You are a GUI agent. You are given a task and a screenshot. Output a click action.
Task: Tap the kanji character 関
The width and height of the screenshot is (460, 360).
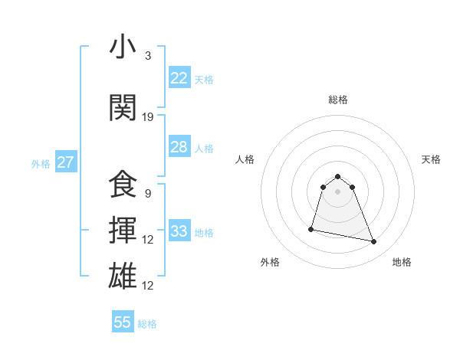click(x=123, y=108)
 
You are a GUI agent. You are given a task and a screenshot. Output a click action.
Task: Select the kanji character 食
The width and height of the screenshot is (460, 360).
click(x=123, y=185)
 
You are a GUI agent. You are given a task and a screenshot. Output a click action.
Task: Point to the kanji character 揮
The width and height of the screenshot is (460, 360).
click(x=123, y=231)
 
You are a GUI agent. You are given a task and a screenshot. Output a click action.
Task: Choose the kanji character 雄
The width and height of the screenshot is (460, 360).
click(x=123, y=277)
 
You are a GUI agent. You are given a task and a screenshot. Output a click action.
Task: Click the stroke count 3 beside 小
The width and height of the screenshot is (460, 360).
click(x=148, y=56)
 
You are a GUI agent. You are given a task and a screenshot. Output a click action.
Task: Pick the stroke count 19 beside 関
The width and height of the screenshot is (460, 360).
click(x=148, y=116)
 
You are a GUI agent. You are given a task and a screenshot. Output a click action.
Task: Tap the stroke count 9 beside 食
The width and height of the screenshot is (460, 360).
click(x=148, y=193)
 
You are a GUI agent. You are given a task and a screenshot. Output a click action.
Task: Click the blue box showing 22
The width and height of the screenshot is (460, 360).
click(x=179, y=77)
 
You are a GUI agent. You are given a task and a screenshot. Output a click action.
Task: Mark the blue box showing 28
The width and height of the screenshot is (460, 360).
click(x=179, y=147)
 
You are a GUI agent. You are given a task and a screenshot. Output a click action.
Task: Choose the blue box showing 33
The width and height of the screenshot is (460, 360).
click(x=179, y=231)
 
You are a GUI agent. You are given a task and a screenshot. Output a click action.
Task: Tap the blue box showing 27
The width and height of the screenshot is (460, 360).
click(x=66, y=162)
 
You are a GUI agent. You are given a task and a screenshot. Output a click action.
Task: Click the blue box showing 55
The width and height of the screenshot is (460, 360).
click(x=123, y=322)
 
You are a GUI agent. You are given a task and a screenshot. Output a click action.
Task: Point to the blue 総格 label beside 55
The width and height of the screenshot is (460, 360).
click(x=147, y=324)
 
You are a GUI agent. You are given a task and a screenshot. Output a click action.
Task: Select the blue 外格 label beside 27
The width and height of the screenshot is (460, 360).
click(x=41, y=163)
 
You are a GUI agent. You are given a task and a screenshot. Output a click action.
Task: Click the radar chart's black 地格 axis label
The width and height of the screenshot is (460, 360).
click(x=402, y=262)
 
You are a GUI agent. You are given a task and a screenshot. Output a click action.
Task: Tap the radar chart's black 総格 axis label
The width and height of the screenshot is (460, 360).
click(x=338, y=100)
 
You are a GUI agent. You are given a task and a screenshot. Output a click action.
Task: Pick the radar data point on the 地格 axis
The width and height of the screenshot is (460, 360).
click(x=374, y=241)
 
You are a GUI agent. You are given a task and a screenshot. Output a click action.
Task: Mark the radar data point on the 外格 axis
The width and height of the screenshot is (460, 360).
click(x=311, y=228)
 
